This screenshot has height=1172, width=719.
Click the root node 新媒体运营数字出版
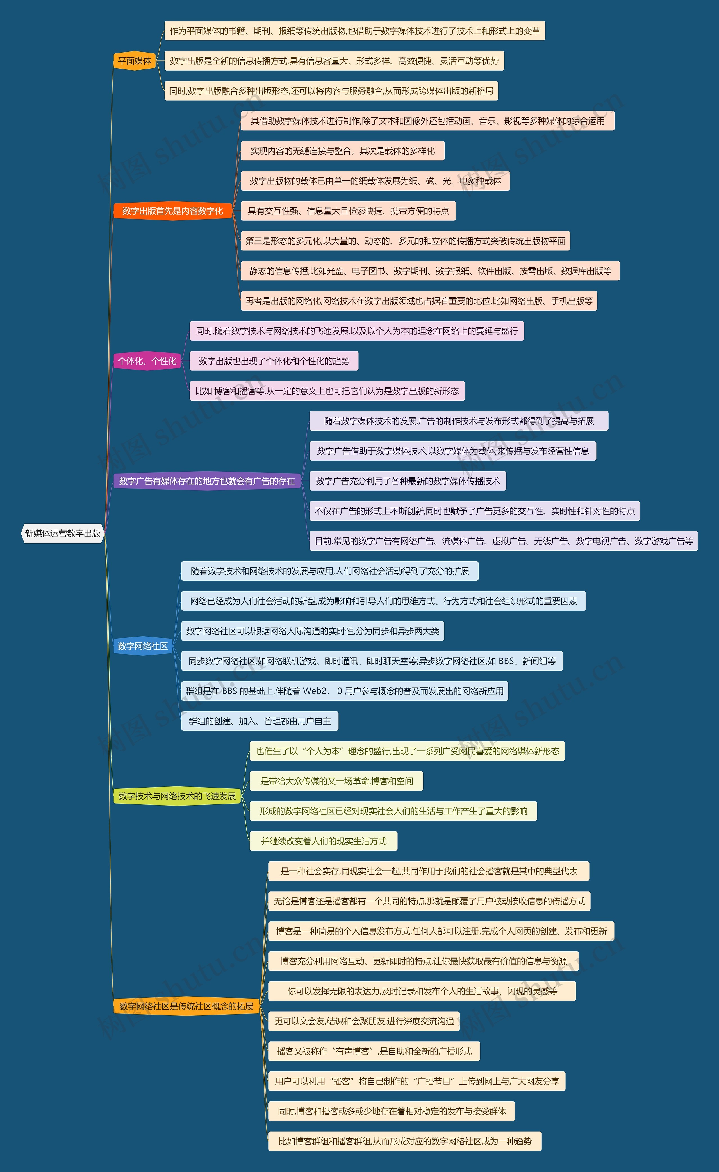[63, 533]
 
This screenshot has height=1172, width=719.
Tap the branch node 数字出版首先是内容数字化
[173, 211]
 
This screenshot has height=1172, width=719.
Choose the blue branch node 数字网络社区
[143, 646]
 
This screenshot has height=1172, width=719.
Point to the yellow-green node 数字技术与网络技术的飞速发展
[177, 796]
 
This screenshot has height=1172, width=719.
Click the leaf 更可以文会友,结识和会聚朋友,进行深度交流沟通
[364, 1021]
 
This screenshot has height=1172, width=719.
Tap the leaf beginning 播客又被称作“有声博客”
[374, 1051]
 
